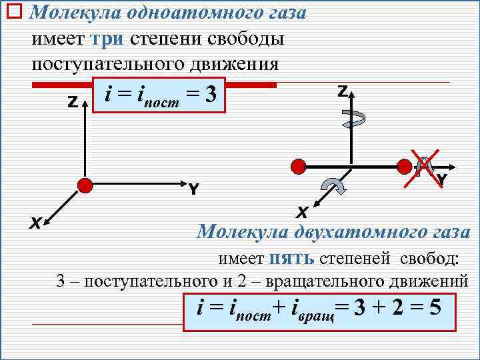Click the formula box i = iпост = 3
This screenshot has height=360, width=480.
(x=160, y=97)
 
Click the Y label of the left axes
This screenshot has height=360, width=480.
(x=193, y=189)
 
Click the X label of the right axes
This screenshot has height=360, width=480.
(x=302, y=213)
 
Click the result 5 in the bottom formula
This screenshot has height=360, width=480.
(x=435, y=309)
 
